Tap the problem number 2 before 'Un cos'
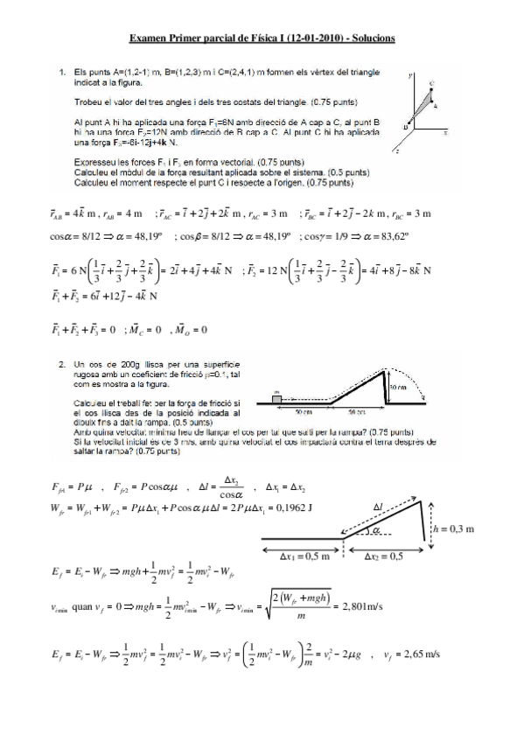coord(61,361)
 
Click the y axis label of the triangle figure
coord(409,77)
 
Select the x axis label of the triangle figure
coord(445,132)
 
